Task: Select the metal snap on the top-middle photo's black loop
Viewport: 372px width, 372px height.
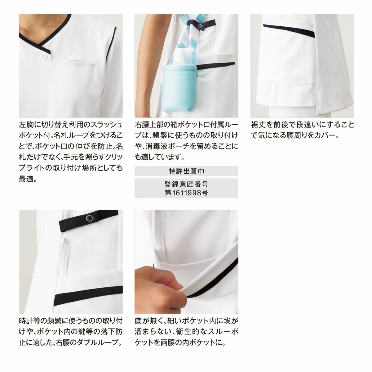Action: pos(200,26)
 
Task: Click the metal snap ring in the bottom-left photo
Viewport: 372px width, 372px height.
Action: pos(89,218)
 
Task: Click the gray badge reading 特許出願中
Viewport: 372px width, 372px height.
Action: pos(186,171)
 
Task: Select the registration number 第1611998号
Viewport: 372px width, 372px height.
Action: pos(186,193)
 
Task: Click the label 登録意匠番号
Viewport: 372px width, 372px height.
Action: pos(186,184)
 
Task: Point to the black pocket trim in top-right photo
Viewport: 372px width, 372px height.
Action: pos(289,31)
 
